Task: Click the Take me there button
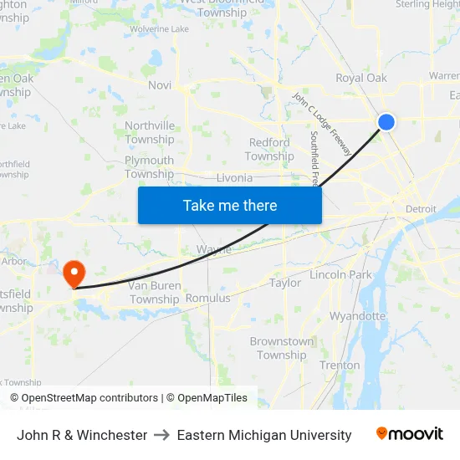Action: pos(230,205)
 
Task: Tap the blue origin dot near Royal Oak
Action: pos(386,122)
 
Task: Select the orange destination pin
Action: pos(74,271)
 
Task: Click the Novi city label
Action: pos(159,85)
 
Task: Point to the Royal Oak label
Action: pos(361,78)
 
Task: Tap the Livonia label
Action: pos(233,178)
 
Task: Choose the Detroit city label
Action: pos(421,208)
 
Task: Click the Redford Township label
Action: pos(269,149)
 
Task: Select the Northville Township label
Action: pos(150,132)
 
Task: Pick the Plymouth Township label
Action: pos(150,167)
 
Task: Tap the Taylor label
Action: pos(285,283)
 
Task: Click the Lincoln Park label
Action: pos(340,274)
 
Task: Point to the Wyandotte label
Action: pos(358,316)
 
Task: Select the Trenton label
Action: pos(340,365)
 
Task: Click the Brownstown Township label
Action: pos(282,348)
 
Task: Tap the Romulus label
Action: pos(207,298)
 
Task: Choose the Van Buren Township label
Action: pos(155,292)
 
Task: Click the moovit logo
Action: pos(410,434)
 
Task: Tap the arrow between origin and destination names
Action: pos(162,435)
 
